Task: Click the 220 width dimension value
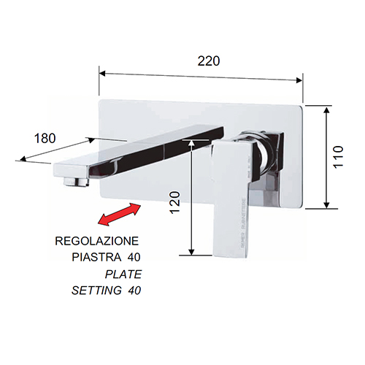[x=209, y=61]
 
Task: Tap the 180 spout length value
[x=45, y=139]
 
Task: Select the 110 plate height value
[x=338, y=157]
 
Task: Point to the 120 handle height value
[x=175, y=203]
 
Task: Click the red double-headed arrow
[x=120, y=215]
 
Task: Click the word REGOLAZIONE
[x=97, y=241]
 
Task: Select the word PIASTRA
[x=96, y=257]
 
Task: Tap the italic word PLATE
[x=123, y=274]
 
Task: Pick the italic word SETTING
[x=96, y=291]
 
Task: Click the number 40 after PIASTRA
[x=134, y=257]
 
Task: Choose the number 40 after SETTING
[x=134, y=291]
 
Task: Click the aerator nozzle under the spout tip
[x=75, y=182]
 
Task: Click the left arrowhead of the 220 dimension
[x=102, y=74]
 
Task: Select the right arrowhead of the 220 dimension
[x=299, y=80]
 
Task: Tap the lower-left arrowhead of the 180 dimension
[x=23, y=159]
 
